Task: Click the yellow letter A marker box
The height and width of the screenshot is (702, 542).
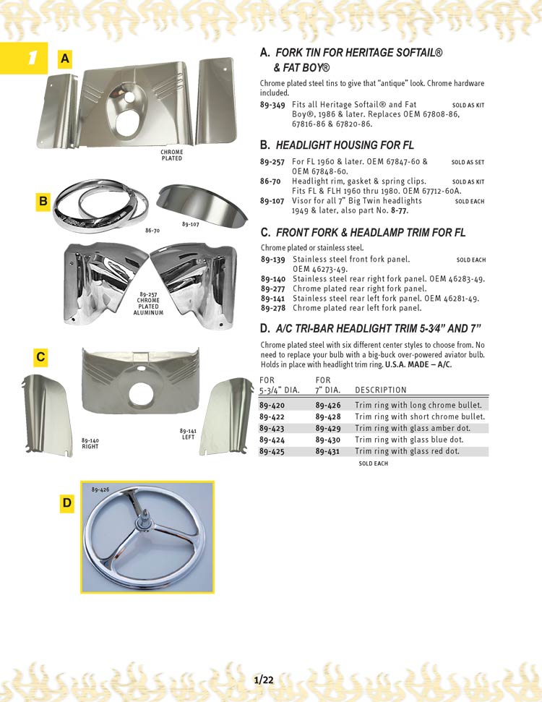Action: coord(66,59)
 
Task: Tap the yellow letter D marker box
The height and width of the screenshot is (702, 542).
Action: coord(66,503)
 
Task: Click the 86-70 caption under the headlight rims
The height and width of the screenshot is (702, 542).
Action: coord(152,230)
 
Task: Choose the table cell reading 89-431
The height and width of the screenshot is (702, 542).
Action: coord(328,451)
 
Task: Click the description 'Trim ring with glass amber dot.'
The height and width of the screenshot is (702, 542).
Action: coord(412,428)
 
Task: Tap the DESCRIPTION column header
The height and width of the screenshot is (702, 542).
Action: coord(381,390)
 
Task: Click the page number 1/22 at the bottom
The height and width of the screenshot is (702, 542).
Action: coord(264,680)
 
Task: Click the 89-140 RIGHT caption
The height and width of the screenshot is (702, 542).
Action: coord(90,443)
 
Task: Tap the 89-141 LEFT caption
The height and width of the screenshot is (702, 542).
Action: coord(189,434)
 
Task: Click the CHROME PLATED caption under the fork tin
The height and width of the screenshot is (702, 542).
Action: coord(172,155)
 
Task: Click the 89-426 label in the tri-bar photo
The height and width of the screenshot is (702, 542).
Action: coord(100,489)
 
